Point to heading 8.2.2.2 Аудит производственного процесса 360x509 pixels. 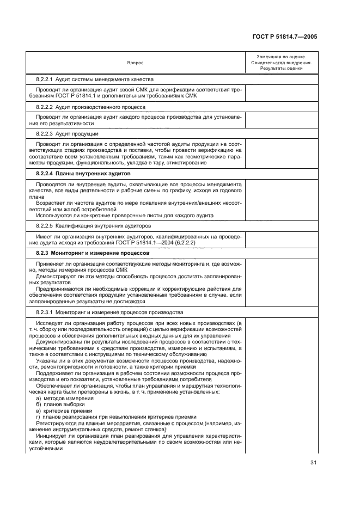click(x=90, y=107)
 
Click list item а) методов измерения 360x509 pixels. click(x=59, y=399)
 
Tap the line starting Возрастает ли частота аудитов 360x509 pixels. click(x=136, y=204)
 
